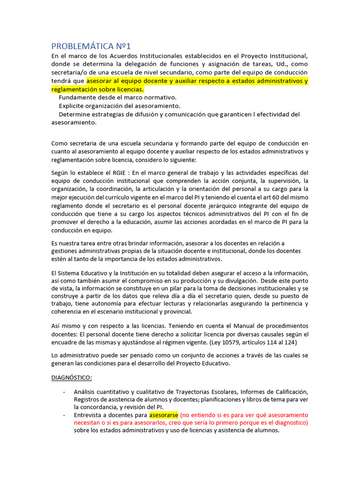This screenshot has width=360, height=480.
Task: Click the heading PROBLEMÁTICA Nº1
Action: pyautogui.click(x=91, y=46)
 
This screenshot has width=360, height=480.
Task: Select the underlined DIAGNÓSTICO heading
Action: pyautogui.click(x=71, y=377)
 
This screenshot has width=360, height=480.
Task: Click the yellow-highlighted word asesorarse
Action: pyautogui.click(x=164, y=415)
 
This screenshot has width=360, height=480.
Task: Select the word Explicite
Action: pyautogui.click(x=74, y=106)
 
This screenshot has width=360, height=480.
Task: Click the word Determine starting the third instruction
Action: pyautogui.click(x=76, y=114)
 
